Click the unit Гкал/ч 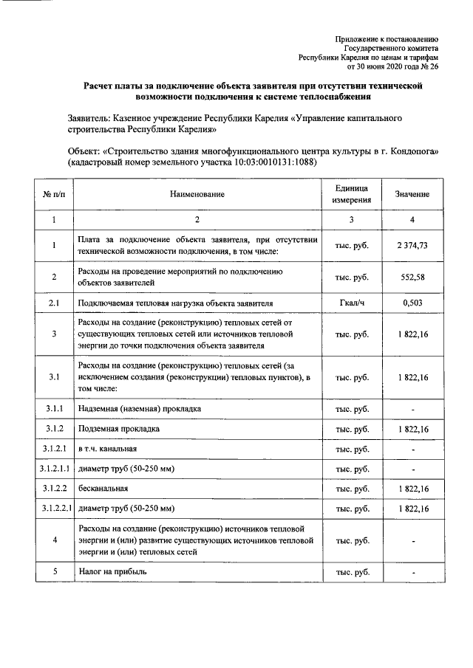pos(352,303)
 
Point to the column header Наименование pos(196,194)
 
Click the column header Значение pos(412,194)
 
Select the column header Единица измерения pos(352,194)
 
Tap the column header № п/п pos(54,194)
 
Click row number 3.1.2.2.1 pos(54,509)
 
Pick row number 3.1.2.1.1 pos(54,469)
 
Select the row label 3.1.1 pos(54,408)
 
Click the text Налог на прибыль pos(113,572)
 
